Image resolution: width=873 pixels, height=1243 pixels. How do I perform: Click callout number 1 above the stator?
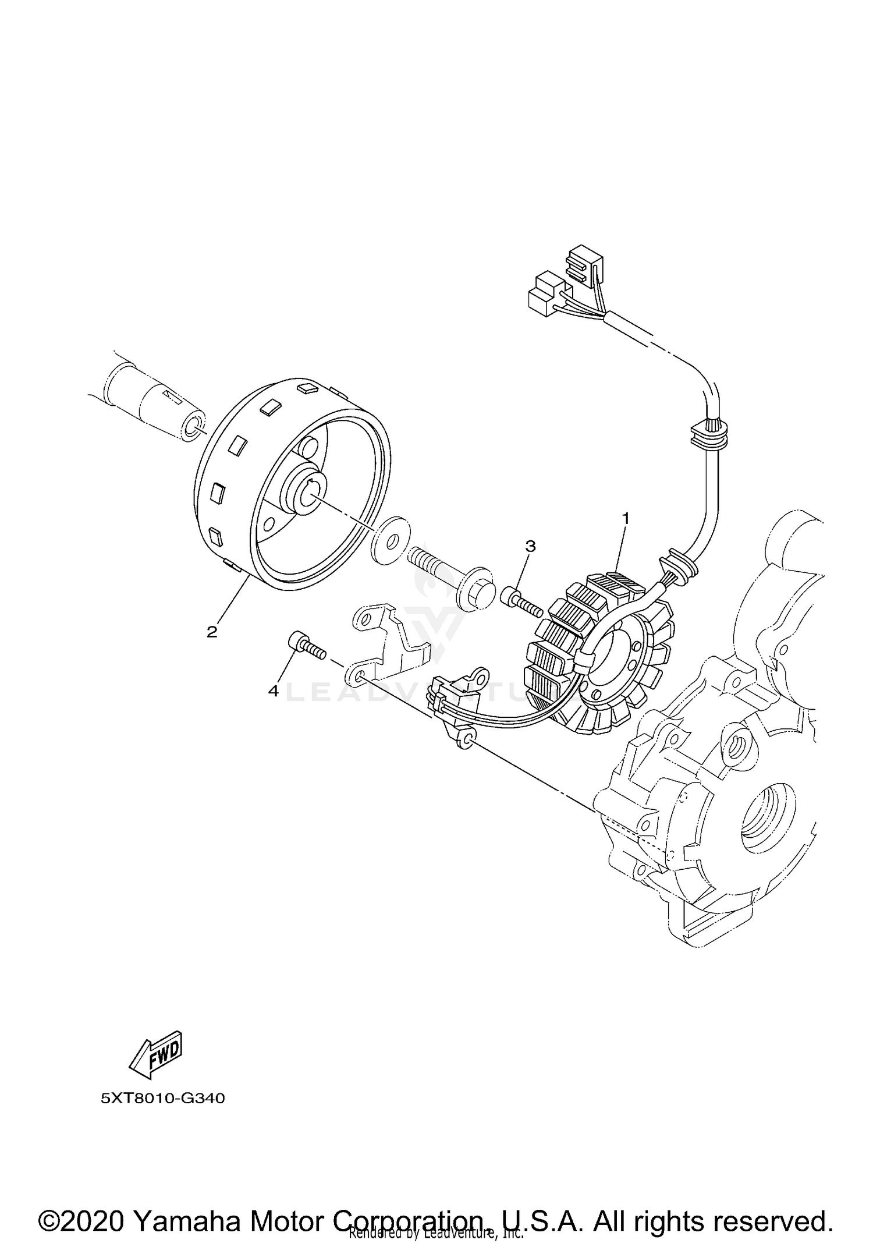pyautogui.click(x=626, y=517)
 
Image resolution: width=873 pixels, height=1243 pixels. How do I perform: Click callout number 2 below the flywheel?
pyautogui.click(x=212, y=632)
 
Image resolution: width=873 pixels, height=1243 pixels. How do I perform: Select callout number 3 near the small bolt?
pyautogui.click(x=530, y=546)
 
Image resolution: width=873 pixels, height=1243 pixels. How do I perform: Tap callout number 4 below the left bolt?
pyautogui.click(x=273, y=691)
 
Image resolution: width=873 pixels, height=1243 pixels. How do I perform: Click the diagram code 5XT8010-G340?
pyautogui.click(x=162, y=1099)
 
